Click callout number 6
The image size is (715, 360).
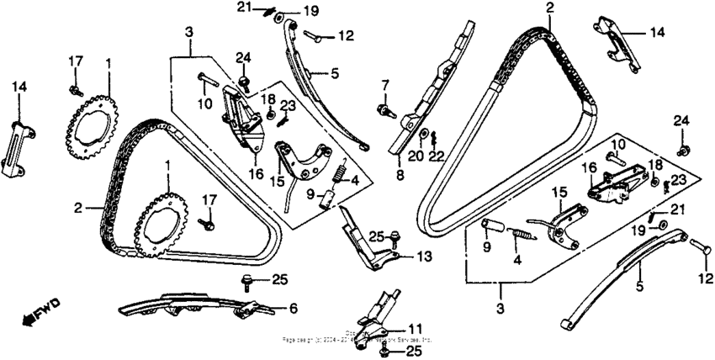tap(292, 310)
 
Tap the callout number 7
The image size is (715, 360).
tap(384, 84)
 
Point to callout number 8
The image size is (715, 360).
tap(400, 175)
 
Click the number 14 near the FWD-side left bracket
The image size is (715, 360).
tap(18, 86)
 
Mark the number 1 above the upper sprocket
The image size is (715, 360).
tap(108, 63)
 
